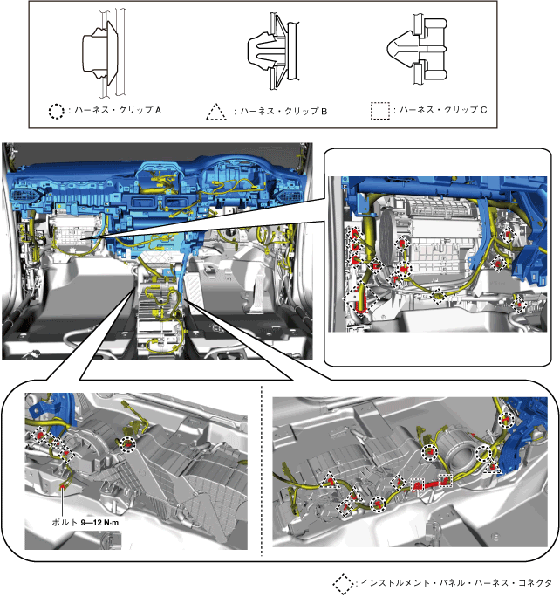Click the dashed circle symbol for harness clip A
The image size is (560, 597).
[x=57, y=111]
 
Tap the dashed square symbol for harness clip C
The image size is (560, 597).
[x=380, y=111]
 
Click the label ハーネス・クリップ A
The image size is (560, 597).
[x=118, y=111]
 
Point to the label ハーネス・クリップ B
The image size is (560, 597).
[x=283, y=111]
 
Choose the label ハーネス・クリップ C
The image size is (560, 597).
[x=443, y=110]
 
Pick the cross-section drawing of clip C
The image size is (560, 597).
[x=417, y=49]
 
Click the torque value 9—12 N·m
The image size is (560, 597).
[x=100, y=523]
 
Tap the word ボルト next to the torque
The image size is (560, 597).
[x=65, y=522]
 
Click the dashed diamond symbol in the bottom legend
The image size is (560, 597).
[x=343, y=585]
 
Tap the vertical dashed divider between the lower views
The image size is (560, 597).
[x=262, y=470]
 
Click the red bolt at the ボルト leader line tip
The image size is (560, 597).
[x=62, y=486]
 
